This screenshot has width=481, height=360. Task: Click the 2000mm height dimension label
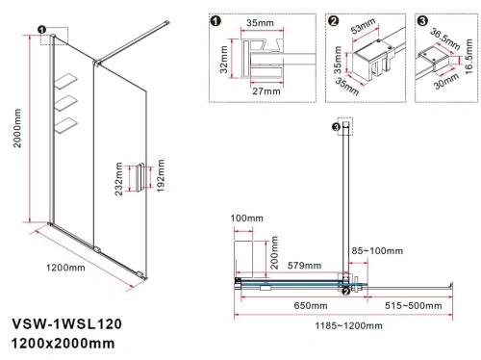point(12,150)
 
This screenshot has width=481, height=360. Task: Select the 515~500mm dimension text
point(415,305)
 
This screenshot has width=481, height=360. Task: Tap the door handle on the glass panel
point(141,179)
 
